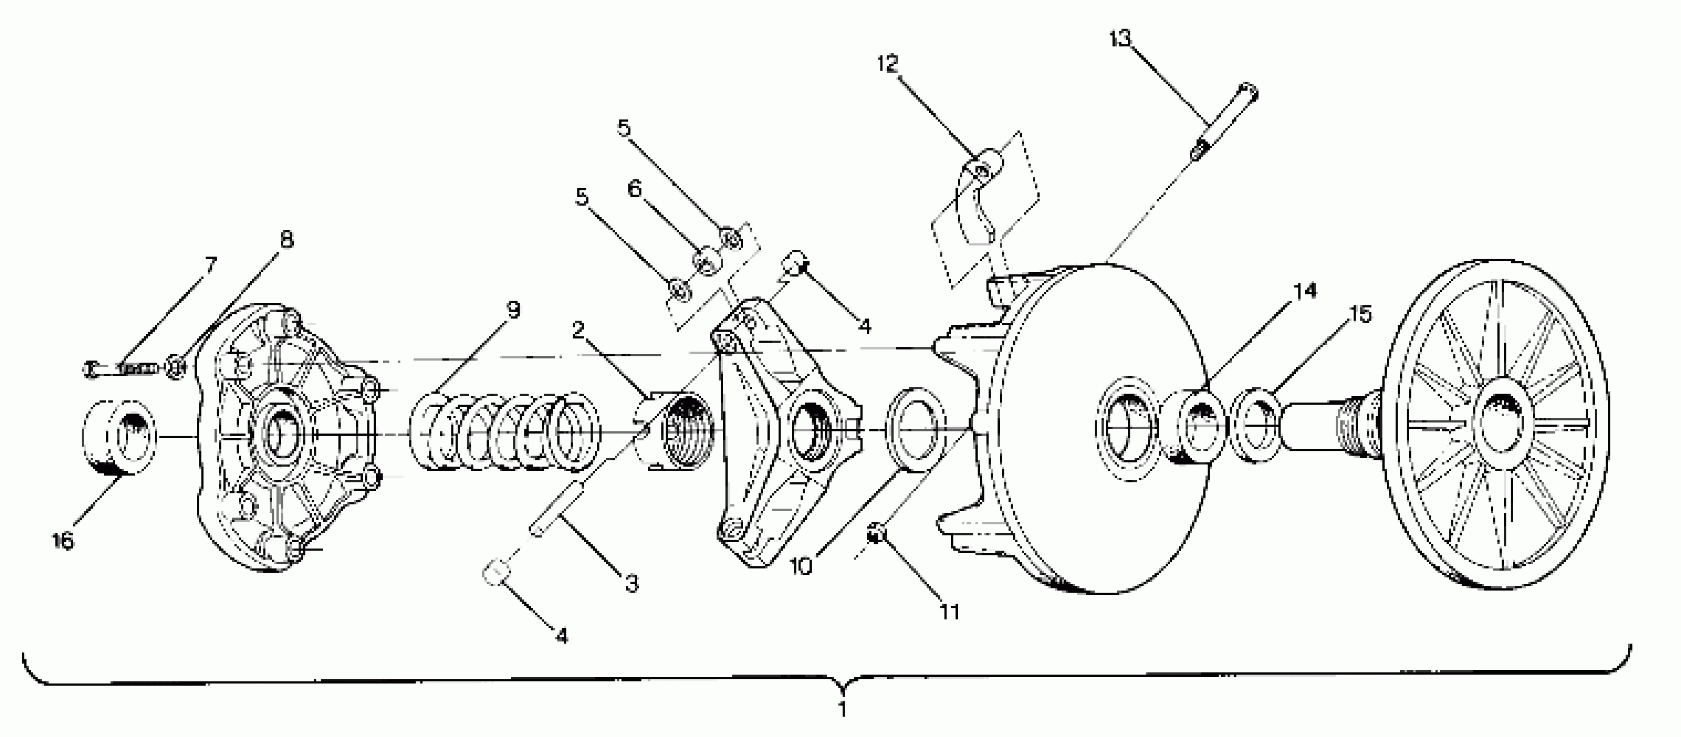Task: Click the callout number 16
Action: point(63,541)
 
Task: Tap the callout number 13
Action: point(1120,39)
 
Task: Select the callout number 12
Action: point(888,64)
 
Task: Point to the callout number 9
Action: point(514,310)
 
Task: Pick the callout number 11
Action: point(949,612)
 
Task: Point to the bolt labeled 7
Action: point(121,369)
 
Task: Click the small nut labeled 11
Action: point(876,535)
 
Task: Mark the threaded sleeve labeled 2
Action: point(676,431)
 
